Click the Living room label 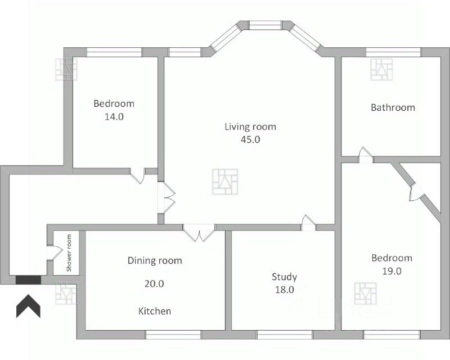(x=250, y=127)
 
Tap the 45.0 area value (x=250, y=139)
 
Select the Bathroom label (x=393, y=107)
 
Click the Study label (x=285, y=277)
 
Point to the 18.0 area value (x=285, y=290)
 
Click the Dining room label (x=155, y=260)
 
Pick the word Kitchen (x=155, y=311)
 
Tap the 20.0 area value (x=154, y=283)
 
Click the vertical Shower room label (x=69, y=253)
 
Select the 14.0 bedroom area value (x=114, y=116)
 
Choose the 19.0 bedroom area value (x=391, y=271)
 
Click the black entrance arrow (x=28, y=306)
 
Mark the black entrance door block (x=29, y=280)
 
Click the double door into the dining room (x=199, y=232)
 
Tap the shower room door (x=55, y=253)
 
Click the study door (x=308, y=223)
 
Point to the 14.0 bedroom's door (x=138, y=175)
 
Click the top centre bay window (x=264, y=25)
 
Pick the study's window (x=285, y=335)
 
